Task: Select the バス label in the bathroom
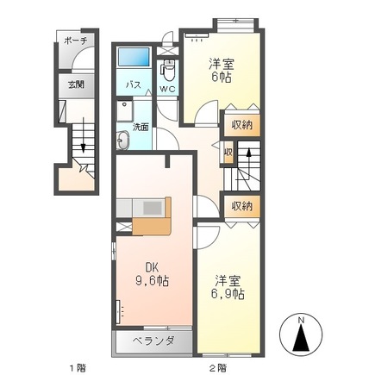pyautogui.click(x=134, y=86)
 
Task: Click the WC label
pyautogui.click(x=167, y=87)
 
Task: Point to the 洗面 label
pyautogui.click(x=141, y=128)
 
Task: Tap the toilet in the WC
pyautogui.click(x=167, y=69)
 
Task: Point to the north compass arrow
pyautogui.click(x=301, y=340)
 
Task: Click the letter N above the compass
pyautogui.click(x=301, y=321)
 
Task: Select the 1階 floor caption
pyautogui.click(x=78, y=367)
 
